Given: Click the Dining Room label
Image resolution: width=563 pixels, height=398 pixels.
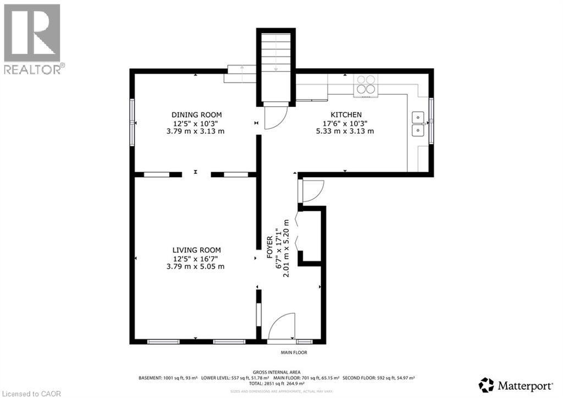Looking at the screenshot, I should tap(196, 115).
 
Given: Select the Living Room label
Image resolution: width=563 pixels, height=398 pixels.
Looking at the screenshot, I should tap(196, 250).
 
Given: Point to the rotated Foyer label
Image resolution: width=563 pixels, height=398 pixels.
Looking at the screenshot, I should tap(270, 248).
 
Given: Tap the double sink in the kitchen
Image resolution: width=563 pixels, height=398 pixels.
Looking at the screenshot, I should tap(418, 124).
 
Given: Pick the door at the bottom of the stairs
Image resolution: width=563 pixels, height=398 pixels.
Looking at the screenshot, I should tap(275, 116).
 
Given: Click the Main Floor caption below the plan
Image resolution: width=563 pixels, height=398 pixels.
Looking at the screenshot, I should tap(295, 352).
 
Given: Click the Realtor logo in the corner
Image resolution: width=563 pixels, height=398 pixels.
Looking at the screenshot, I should tap(32, 39).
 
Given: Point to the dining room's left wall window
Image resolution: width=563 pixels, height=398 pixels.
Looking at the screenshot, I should tap(132, 123).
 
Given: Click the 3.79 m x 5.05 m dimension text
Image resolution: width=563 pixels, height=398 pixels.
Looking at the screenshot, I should tap(196, 266).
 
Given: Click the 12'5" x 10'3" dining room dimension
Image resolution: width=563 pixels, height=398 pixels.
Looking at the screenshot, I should tap(196, 123).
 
